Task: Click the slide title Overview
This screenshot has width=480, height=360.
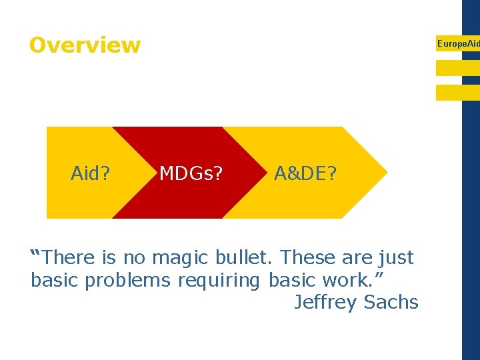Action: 85,45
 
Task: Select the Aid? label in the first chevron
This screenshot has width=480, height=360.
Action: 91,174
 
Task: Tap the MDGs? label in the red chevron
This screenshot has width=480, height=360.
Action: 191,174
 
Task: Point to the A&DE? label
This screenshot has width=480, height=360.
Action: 306,174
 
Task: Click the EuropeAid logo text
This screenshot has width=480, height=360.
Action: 457,43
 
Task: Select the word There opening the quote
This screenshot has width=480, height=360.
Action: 70,257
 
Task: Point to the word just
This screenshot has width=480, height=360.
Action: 396,258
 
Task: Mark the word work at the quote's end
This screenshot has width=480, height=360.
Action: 343,281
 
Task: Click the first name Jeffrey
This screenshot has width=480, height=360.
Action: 326,303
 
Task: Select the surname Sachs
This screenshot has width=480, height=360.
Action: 391,303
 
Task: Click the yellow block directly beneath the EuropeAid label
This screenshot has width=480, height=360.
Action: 457,68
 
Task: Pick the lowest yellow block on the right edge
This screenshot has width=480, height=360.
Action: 457,93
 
